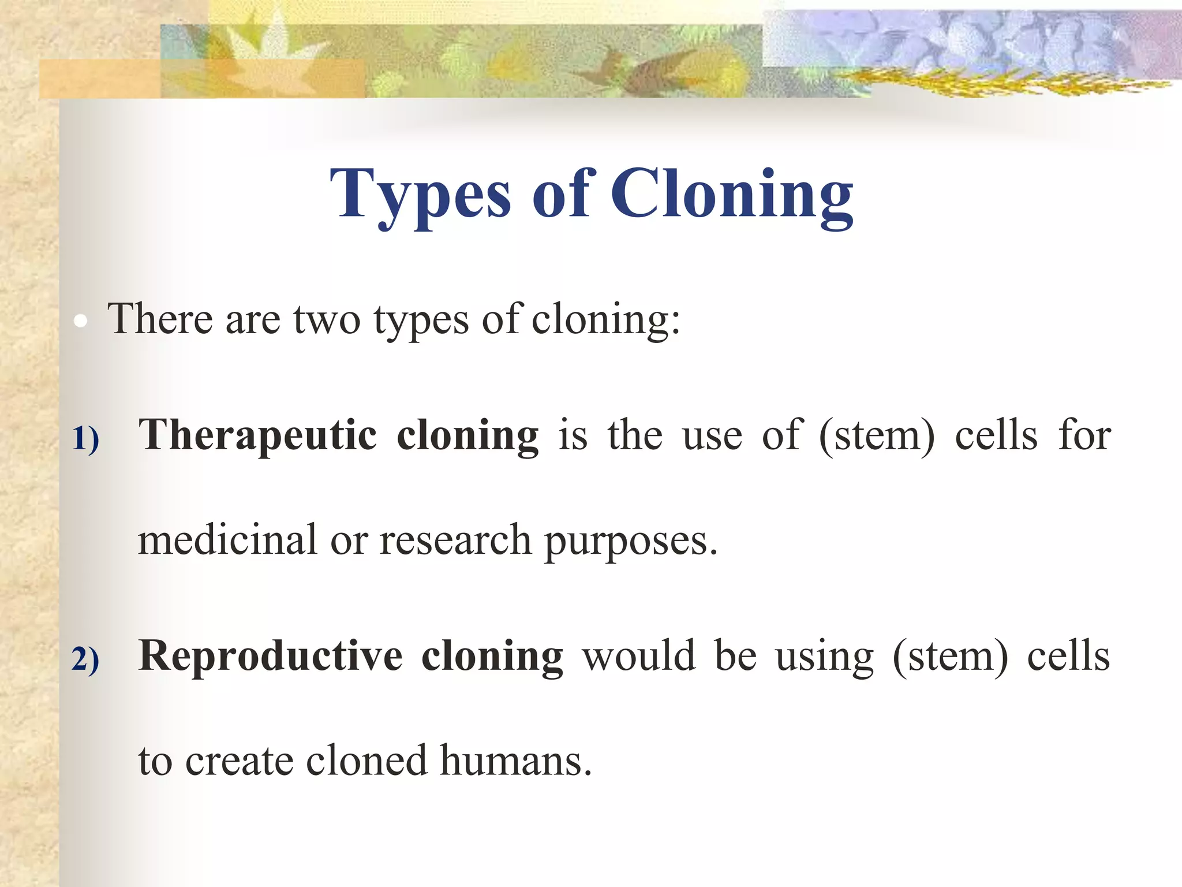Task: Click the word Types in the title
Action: (x=420, y=195)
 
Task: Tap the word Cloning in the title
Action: (x=732, y=195)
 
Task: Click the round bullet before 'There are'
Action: (x=81, y=322)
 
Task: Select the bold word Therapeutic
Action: (x=257, y=435)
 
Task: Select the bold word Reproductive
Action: (x=270, y=656)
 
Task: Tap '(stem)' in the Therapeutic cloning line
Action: (x=876, y=435)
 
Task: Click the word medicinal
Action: (x=227, y=539)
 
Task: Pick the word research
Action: (x=455, y=539)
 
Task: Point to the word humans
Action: (x=515, y=761)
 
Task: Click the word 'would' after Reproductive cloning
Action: (x=638, y=656)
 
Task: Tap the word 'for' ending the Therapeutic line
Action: (x=1084, y=435)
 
